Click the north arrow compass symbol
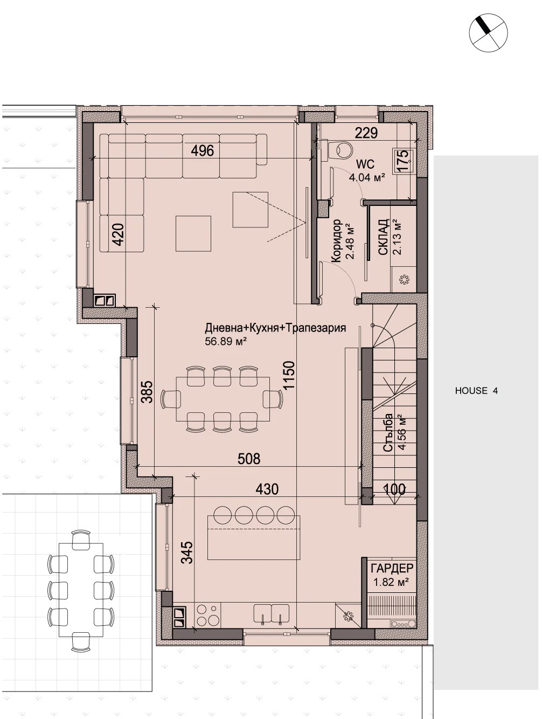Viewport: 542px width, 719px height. pyautogui.click(x=488, y=32)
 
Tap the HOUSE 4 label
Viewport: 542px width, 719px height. pyautogui.click(x=476, y=391)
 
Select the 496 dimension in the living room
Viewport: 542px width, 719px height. pyautogui.click(x=203, y=150)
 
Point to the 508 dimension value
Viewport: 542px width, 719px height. pyautogui.click(x=249, y=459)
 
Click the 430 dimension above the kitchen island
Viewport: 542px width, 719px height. pyautogui.click(x=267, y=489)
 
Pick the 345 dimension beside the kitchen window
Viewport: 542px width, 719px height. pyautogui.click(x=186, y=552)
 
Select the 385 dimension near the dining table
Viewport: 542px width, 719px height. pyautogui.click(x=147, y=392)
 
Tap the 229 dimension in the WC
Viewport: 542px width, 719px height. pyautogui.click(x=366, y=133)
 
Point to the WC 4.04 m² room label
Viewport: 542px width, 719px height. pyautogui.click(x=367, y=171)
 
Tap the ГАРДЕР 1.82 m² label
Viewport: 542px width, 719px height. pyautogui.click(x=392, y=575)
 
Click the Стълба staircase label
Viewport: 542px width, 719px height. pyautogui.click(x=388, y=433)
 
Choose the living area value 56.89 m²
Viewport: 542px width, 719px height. pyautogui.click(x=225, y=341)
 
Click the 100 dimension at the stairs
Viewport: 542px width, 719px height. pyautogui.click(x=394, y=489)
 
